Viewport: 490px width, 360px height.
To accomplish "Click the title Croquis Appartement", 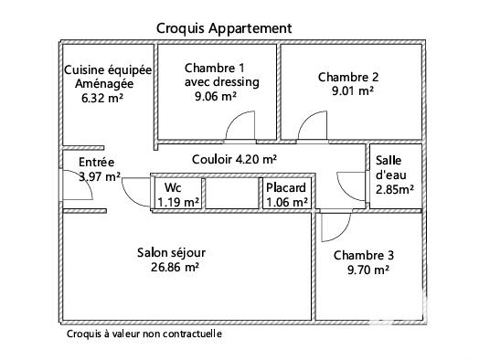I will (x=224, y=28).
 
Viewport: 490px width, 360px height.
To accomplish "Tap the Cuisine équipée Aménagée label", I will (x=107, y=77).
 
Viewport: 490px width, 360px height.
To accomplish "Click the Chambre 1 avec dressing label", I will (x=221, y=75).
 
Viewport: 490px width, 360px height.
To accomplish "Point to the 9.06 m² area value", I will (x=216, y=95).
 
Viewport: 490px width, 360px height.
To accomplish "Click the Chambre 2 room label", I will (x=347, y=77).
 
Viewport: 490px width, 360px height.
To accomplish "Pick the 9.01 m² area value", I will (x=352, y=90).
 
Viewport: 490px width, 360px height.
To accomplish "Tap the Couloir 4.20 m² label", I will (x=234, y=158).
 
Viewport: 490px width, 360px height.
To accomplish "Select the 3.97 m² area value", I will (x=100, y=176).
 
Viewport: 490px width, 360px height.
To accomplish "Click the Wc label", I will (x=173, y=188).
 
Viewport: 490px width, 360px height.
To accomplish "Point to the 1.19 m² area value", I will (x=178, y=202).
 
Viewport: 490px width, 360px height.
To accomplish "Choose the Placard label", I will (x=285, y=188).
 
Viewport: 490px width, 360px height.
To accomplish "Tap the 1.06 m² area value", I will (x=286, y=202).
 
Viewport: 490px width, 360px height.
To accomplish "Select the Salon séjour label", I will (x=172, y=253).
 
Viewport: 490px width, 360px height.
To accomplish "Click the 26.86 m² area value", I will (x=176, y=268).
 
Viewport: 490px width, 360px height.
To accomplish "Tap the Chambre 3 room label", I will (x=364, y=256).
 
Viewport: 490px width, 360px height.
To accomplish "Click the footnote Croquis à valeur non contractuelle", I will (x=144, y=334).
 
